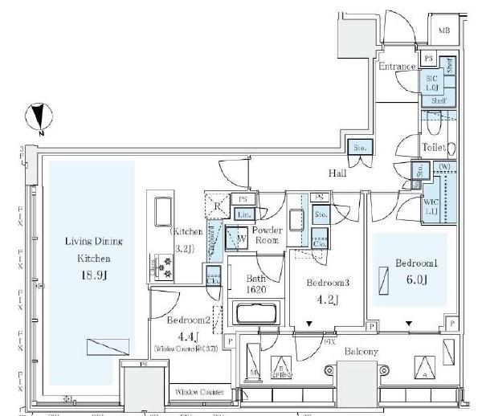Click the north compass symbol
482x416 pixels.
pyautogui.click(x=38, y=119)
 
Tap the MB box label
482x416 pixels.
pyautogui.click(x=443, y=31)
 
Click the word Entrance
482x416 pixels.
pyautogui.click(x=397, y=66)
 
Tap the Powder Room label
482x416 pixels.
pyautogui.click(x=267, y=235)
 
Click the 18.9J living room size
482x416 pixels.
pyautogui.click(x=90, y=274)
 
